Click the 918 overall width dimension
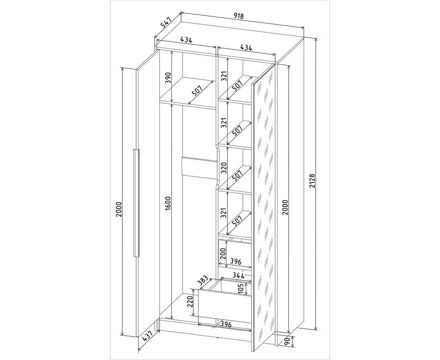coord(239,16)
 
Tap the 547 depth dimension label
coord(166,22)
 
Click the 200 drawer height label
coord(223,254)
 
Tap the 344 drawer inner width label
coord(238,275)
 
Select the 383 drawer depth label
coord(202,281)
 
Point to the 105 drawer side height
coord(240,288)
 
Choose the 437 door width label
coord(147,336)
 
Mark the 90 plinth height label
coord(287,341)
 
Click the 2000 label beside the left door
coord(119,209)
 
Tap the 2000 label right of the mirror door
coord(285,207)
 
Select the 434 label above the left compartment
coord(186,40)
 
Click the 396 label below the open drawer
coord(226,325)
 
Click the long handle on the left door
coord(137,203)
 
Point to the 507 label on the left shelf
coord(197,91)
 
